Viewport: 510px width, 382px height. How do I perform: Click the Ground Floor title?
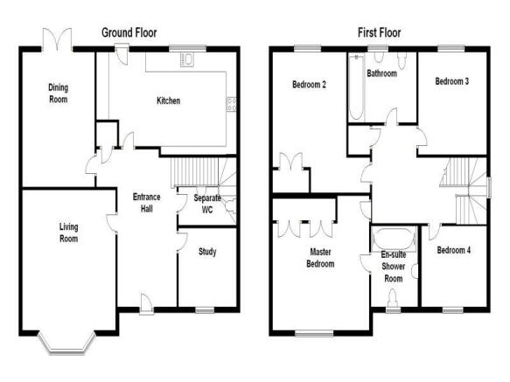click(129, 32)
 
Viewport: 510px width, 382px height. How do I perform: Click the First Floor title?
click(380, 32)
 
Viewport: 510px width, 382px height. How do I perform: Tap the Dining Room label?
click(59, 94)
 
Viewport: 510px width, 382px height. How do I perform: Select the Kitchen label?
click(169, 101)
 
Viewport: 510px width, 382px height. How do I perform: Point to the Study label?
click(207, 252)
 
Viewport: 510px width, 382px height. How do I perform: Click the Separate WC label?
click(207, 204)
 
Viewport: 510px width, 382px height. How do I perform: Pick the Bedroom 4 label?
click(454, 250)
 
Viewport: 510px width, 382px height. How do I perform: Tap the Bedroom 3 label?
click(452, 81)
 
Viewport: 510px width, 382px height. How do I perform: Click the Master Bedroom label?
click(320, 258)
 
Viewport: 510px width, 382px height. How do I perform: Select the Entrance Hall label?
click(147, 203)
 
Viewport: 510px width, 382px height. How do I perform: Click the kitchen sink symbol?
click(187, 59)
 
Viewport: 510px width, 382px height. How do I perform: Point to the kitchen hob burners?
click(232, 104)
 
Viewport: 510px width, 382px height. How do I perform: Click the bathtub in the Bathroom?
click(356, 87)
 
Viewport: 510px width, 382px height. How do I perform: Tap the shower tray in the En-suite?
click(394, 239)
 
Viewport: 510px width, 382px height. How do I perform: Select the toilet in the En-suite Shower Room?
click(393, 298)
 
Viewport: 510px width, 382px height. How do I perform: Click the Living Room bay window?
click(67, 343)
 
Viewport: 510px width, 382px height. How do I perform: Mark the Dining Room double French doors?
click(57, 39)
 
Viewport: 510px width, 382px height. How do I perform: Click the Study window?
click(205, 310)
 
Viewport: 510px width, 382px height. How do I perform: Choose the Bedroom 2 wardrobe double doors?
click(291, 161)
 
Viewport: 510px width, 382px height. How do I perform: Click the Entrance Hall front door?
click(147, 304)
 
